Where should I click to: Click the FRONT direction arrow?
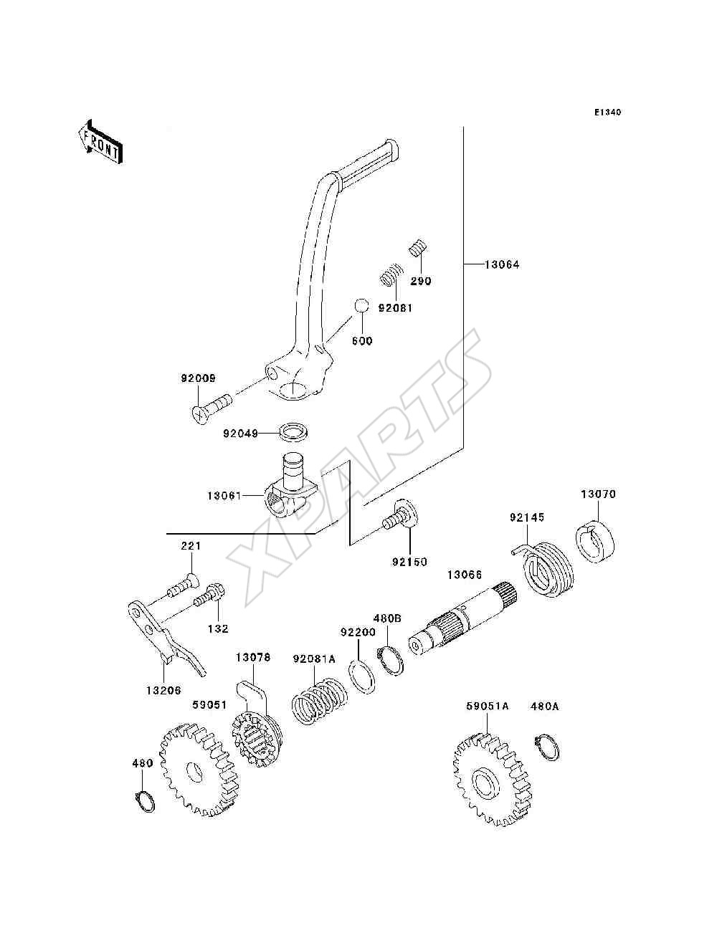tap(101, 141)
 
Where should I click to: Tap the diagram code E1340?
tap(607, 113)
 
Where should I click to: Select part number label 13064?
tap(502, 265)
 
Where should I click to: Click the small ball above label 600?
tap(361, 306)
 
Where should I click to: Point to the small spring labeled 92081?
tap(391, 274)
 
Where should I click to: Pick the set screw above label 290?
tap(419, 247)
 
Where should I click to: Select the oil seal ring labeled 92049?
tap(294, 434)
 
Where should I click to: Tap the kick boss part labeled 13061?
tap(290, 486)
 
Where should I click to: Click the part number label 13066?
tap(465, 575)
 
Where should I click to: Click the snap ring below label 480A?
tap(547, 747)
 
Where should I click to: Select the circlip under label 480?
tap(145, 800)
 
